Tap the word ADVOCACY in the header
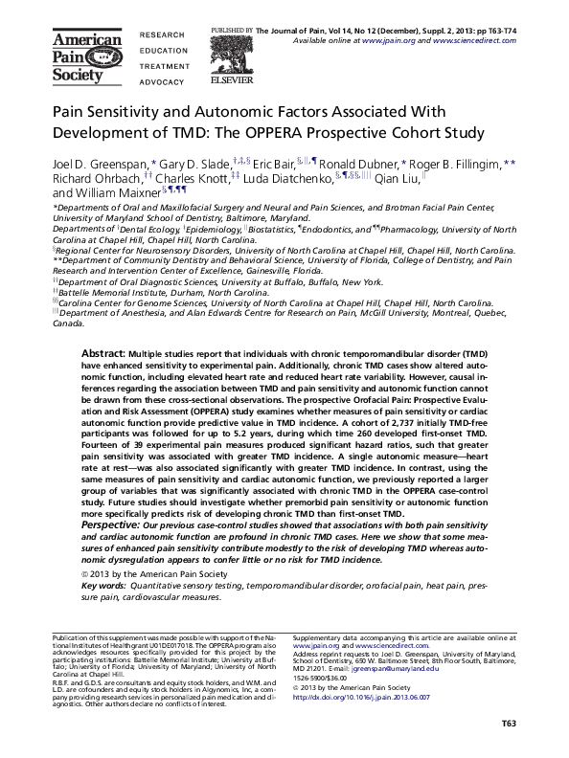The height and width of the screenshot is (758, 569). pyautogui.click(x=162, y=83)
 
